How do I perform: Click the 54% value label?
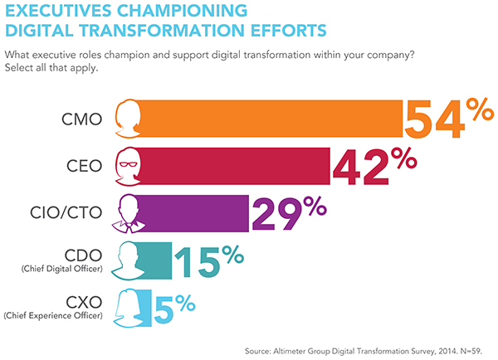[x=446, y=119]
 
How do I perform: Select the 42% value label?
[x=375, y=165]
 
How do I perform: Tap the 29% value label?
[x=293, y=212]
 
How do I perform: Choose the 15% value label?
[x=210, y=259]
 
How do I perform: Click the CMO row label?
[x=82, y=119]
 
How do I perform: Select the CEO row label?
[x=84, y=165]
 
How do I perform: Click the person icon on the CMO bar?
[x=127, y=119]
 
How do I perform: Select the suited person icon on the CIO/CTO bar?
[x=127, y=212]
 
